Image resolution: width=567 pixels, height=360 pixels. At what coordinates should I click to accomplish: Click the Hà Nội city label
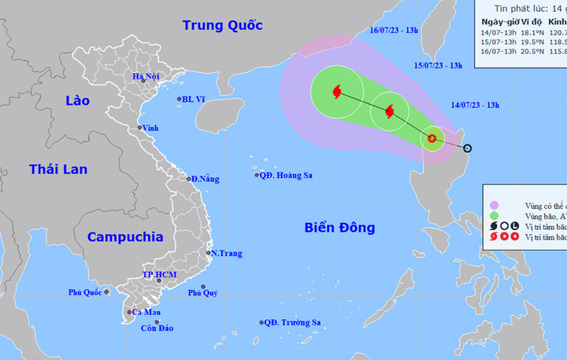pyautogui.click(x=146, y=76)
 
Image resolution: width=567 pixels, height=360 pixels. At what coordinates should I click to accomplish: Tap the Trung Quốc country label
pyautogui.click(x=221, y=25)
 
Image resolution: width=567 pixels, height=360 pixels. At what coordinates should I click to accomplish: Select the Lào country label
pyautogui.click(x=78, y=100)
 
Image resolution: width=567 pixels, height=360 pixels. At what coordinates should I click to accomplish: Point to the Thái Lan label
pyautogui.click(x=57, y=169)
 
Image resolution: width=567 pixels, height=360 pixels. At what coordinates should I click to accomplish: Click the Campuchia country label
pyautogui.click(x=124, y=236)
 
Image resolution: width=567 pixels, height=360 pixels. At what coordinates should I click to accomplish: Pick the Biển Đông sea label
pyautogui.click(x=339, y=228)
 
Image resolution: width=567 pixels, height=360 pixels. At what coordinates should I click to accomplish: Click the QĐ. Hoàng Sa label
pyautogui.click(x=287, y=175)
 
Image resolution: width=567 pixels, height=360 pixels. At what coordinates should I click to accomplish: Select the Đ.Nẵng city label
pyautogui.click(x=204, y=179)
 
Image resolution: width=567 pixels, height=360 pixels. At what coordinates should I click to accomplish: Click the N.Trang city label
pyautogui.click(x=227, y=254)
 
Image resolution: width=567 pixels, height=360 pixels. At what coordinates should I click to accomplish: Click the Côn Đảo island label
pyautogui.click(x=158, y=328)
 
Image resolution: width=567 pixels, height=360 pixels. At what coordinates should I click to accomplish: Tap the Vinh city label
pyautogui.click(x=151, y=128)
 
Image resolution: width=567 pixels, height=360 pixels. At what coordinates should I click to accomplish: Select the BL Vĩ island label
pyautogui.click(x=193, y=99)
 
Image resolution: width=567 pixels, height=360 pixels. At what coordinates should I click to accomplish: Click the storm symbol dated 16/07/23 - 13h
pyautogui.click(x=337, y=92)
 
